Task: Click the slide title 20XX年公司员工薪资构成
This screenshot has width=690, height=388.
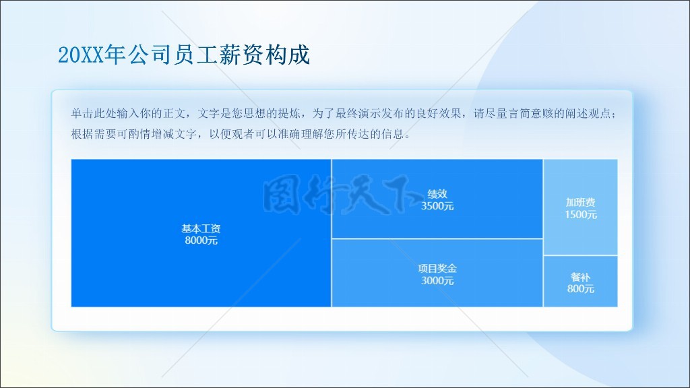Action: tap(184, 55)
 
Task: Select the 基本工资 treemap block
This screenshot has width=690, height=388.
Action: tap(201, 233)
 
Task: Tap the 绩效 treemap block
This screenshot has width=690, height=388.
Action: tap(437, 199)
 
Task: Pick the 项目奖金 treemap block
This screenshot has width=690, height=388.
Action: tap(437, 273)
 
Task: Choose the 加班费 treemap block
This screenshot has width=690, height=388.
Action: tap(581, 207)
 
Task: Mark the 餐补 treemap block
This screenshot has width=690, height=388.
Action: tap(581, 282)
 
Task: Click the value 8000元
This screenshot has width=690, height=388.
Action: tap(201, 240)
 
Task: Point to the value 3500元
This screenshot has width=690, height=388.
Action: tap(437, 206)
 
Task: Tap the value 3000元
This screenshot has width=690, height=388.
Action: tap(437, 281)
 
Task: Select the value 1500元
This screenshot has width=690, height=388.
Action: tap(581, 215)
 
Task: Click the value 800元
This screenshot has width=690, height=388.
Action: tap(581, 289)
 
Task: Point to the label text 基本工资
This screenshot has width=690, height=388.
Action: tap(201, 229)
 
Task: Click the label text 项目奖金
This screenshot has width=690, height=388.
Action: tap(437, 268)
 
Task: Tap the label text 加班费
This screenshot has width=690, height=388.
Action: tap(581, 202)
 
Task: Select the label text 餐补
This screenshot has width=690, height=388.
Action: tap(581, 277)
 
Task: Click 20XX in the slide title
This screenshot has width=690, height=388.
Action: tap(81, 55)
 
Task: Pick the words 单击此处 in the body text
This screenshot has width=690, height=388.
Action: tap(94, 113)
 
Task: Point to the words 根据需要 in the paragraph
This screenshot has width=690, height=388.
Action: tap(94, 134)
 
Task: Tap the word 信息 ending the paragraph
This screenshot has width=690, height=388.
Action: tap(393, 134)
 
